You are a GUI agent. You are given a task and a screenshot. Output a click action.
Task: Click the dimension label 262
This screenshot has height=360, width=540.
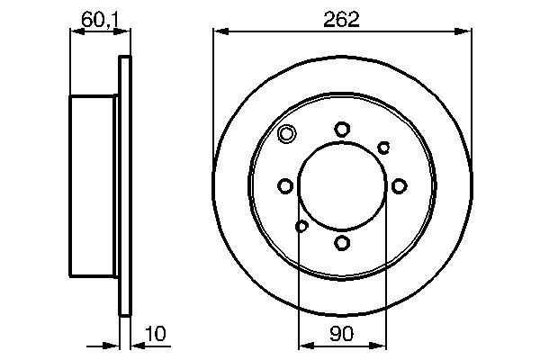coord(342,18)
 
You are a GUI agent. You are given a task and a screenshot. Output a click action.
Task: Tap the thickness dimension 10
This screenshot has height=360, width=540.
coord(157,334)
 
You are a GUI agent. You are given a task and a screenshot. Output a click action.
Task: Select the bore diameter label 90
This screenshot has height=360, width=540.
coord(342,334)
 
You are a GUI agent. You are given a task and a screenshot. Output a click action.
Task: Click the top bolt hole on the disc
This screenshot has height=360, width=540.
coord(342,130)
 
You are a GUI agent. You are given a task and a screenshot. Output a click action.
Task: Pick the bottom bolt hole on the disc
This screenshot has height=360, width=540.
coord(342,242)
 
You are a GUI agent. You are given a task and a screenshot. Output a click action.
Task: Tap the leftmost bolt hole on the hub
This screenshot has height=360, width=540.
coord(285,186)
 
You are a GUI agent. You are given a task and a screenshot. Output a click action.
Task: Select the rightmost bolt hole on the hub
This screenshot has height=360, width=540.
coord(398,186)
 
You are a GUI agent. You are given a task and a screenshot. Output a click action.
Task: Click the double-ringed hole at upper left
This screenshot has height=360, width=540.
coord(286,135)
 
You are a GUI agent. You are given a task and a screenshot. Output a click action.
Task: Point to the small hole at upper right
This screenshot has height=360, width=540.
coord(383,147)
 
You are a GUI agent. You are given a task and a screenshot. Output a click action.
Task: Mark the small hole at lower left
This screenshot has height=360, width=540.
coord(301,226)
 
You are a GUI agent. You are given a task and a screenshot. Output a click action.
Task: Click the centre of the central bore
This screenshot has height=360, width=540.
coord(342,186)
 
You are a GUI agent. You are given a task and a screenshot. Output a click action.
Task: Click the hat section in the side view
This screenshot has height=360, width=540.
coord(94,186)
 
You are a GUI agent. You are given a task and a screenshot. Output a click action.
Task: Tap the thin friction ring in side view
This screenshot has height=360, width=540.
coord(125,186)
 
